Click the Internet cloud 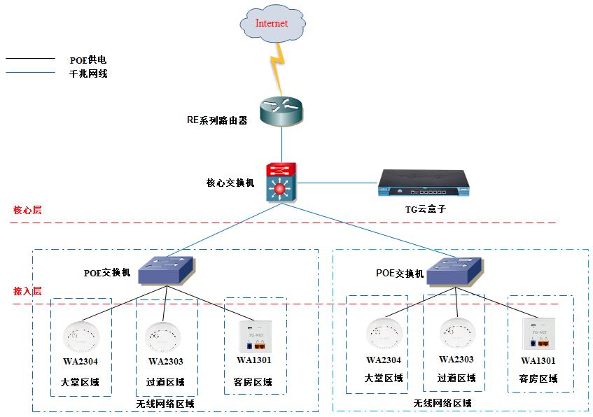point(272,24)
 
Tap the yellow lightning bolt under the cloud point(278,68)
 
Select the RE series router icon point(281,111)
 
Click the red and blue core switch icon point(281,182)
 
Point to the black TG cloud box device point(424,183)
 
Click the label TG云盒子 point(426,208)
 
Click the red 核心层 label point(27,210)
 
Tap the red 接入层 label point(27,291)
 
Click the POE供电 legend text point(88,59)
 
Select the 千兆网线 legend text point(88,73)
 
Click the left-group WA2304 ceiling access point point(81,337)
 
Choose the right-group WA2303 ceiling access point point(457,334)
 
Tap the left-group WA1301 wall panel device point(256,336)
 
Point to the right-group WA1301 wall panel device point(539,334)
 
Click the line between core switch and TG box point(337,183)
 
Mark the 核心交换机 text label point(230,183)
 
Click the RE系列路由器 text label point(217,120)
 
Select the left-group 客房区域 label point(253,382)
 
